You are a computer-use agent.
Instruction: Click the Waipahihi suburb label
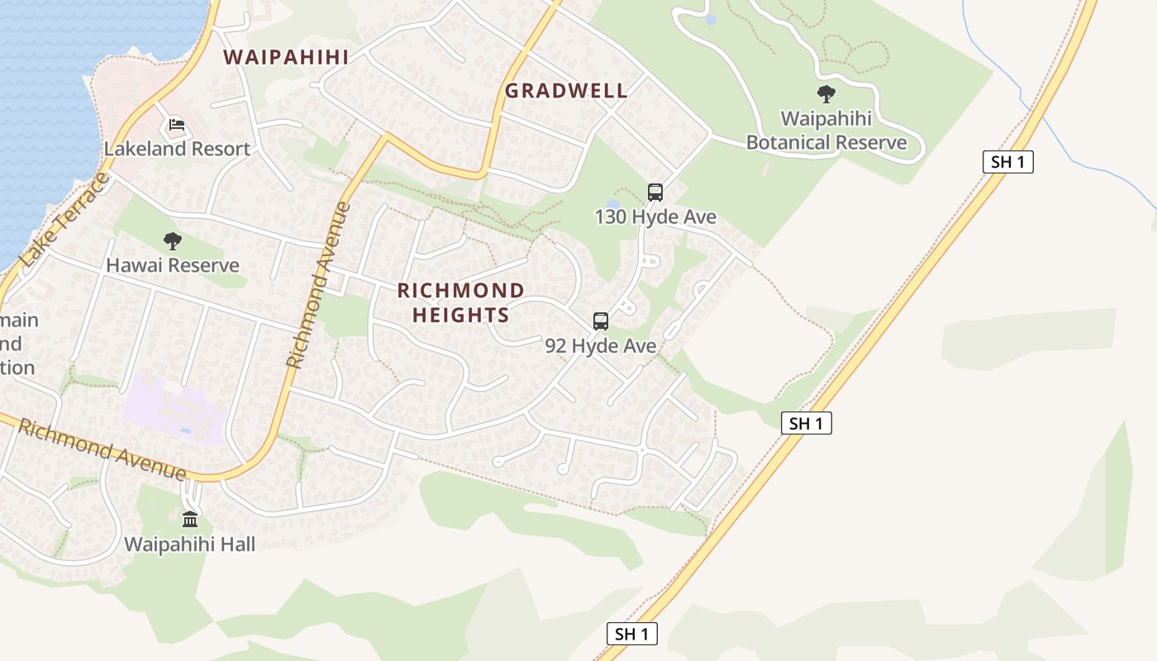click(286, 57)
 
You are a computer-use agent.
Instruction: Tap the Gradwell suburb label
click(566, 91)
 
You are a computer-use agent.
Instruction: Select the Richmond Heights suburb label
click(461, 302)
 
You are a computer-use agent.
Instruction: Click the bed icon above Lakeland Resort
click(176, 125)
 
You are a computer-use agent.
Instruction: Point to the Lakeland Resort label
click(177, 150)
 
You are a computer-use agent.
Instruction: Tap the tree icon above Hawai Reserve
click(173, 241)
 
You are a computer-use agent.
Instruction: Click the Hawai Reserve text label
click(173, 265)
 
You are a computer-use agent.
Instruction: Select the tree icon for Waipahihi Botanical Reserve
click(826, 94)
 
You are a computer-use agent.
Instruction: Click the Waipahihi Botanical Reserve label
click(826, 131)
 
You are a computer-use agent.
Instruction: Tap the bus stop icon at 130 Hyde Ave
click(655, 193)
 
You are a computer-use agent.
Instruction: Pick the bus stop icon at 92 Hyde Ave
click(601, 321)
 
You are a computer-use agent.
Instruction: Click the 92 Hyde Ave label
click(601, 345)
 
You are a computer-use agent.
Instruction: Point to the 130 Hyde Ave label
click(655, 217)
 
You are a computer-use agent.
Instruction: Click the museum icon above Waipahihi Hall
click(190, 519)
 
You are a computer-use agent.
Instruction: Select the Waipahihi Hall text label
click(190, 544)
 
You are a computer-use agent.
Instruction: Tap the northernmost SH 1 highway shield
click(1008, 162)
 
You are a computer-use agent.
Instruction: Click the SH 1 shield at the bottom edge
click(632, 634)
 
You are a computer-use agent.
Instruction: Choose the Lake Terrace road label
click(64, 220)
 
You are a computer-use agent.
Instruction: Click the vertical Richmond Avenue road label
click(319, 285)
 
